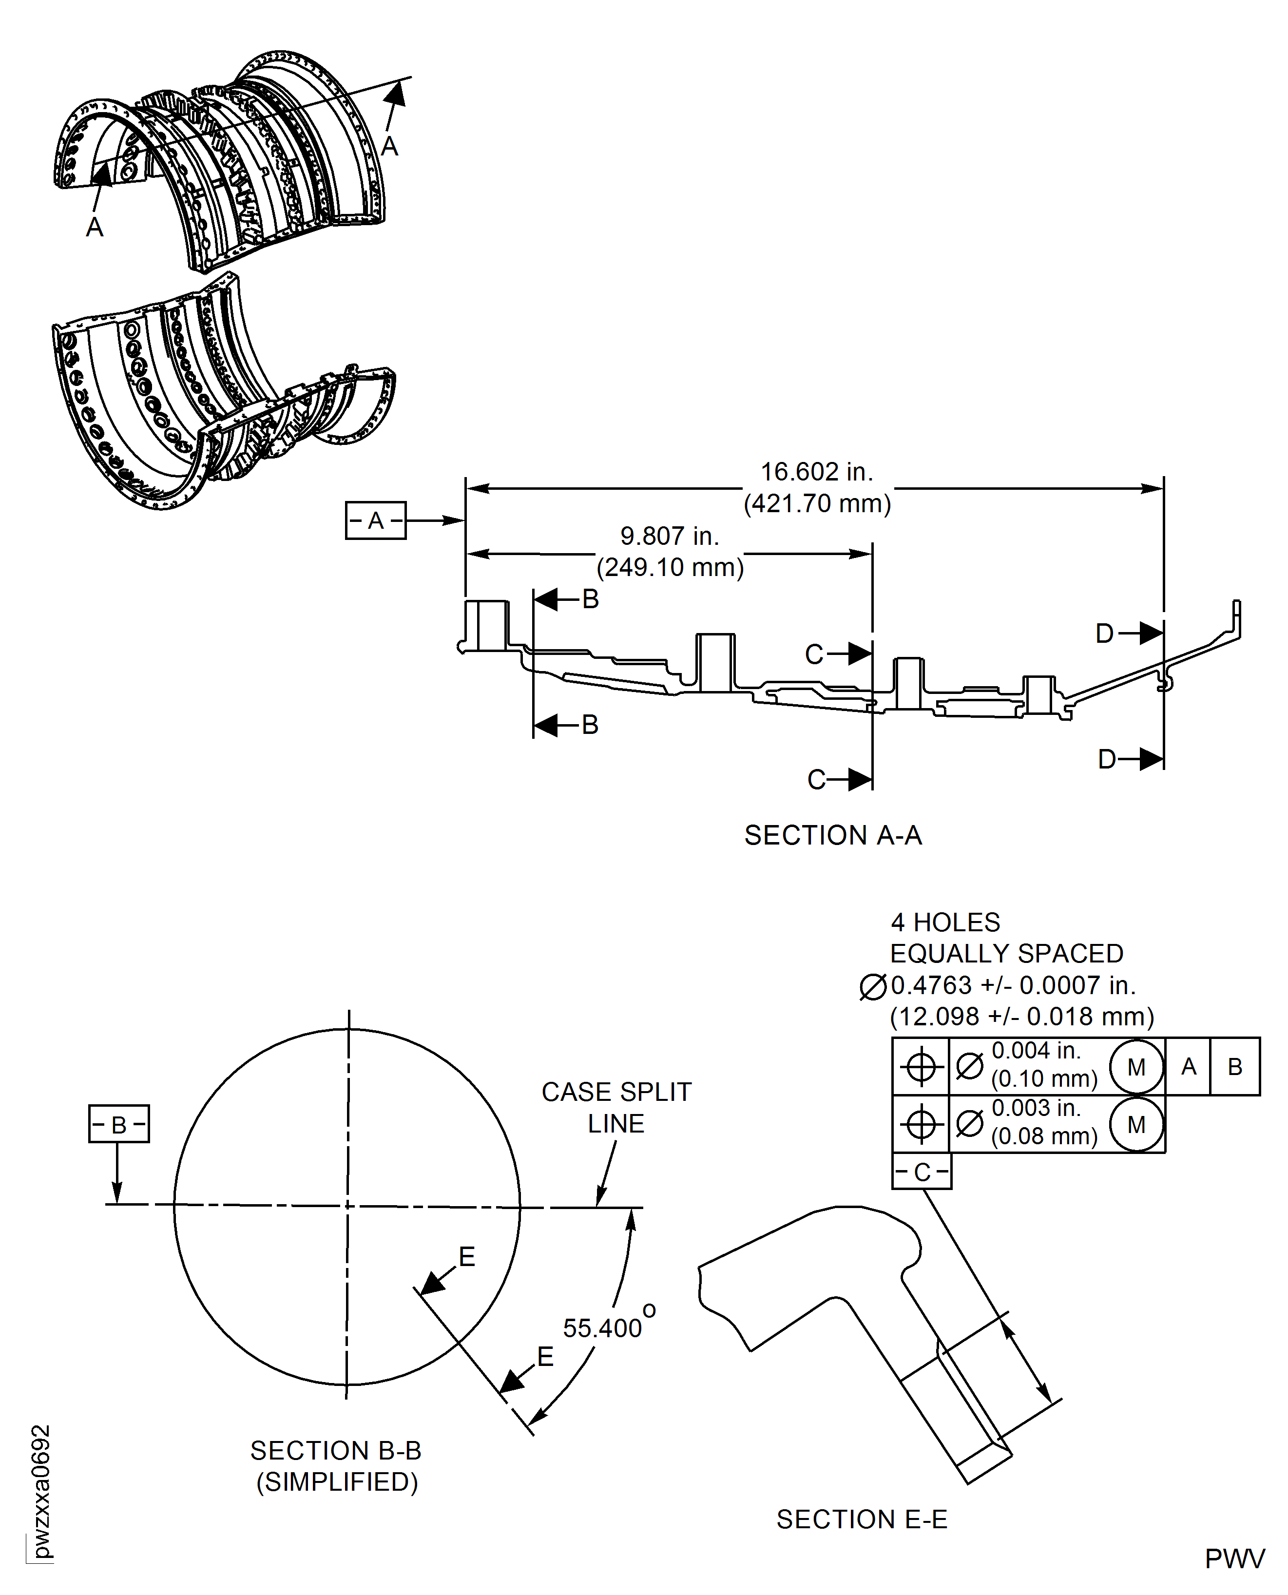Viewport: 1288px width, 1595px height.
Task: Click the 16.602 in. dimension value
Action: point(817,472)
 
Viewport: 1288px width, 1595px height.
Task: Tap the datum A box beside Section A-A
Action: point(375,521)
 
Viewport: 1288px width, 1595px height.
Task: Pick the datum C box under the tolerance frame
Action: point(922,1172)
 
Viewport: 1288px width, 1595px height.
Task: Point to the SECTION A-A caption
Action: point(833,835)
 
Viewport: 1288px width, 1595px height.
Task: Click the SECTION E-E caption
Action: point(862,1519)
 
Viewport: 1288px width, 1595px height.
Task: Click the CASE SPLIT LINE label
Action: point(616,1108)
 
